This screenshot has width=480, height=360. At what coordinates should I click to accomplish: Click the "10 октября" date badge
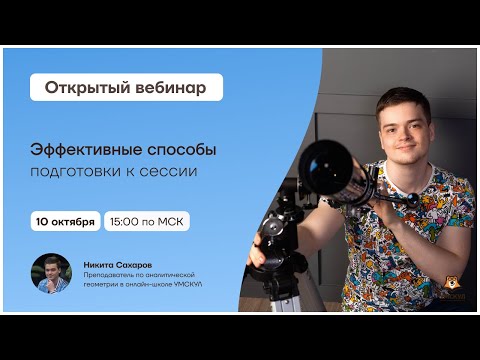tap(65, 221)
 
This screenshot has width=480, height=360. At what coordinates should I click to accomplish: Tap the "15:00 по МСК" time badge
tap(146, 221)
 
